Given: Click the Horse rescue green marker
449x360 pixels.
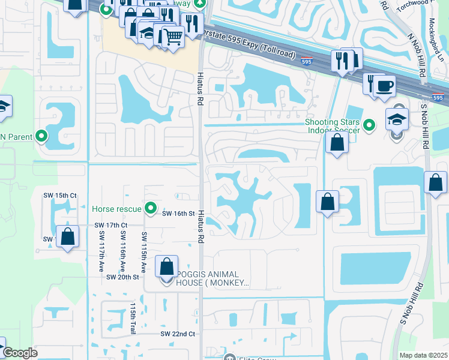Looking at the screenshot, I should (x=151, y=209).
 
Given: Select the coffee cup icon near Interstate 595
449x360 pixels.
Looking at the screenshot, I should (x=384, y=85).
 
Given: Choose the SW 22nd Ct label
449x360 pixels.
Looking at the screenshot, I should (x=178, y=334).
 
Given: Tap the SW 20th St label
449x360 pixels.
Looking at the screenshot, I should (x=122, y=277).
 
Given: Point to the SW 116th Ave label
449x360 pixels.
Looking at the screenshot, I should (x=122, y=250).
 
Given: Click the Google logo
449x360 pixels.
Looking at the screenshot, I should (x=20, y=353).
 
